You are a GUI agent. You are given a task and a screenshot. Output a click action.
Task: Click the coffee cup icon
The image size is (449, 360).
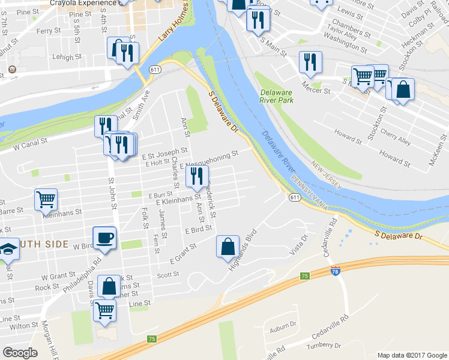point(104,238)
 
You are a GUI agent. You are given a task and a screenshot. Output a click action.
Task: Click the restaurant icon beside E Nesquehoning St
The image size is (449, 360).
point(197,176)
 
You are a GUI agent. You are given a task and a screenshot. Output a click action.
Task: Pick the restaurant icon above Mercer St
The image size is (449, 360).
point(310,62)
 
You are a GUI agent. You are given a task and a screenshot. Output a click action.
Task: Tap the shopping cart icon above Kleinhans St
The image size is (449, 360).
point(46,200)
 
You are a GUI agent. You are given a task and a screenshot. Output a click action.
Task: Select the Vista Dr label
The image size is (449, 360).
point(298,245)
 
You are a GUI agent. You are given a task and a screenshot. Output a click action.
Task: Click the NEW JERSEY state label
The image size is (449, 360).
point(326,173)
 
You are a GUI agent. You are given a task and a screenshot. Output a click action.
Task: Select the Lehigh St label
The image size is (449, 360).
point(67,58)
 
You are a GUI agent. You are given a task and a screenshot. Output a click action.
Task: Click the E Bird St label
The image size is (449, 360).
point(199,229)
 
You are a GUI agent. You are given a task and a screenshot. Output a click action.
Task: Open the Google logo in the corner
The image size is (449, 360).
point(20,353)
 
